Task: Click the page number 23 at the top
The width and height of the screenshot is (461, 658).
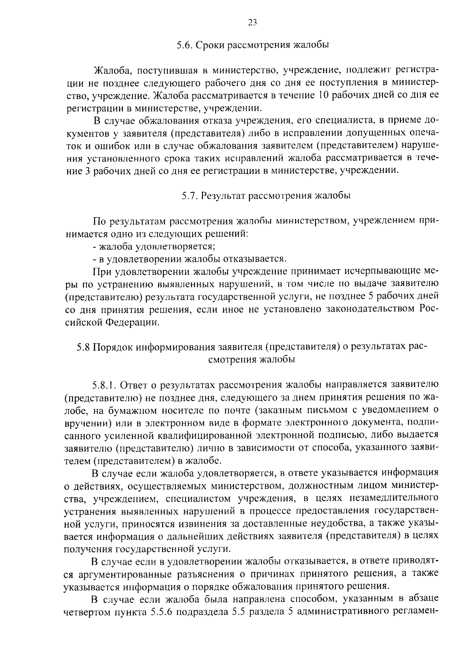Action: coord(252,22)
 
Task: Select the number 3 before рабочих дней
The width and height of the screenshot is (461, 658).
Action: coord(87,170)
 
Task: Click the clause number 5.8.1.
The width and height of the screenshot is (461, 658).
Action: coord(104,385)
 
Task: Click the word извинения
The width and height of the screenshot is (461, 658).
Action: coord(191,524)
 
